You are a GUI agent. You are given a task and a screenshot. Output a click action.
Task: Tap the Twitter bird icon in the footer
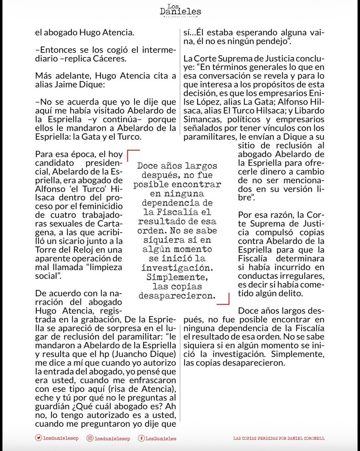(38, 438)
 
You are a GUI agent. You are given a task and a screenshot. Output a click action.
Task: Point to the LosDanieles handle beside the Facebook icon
(161, 438)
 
